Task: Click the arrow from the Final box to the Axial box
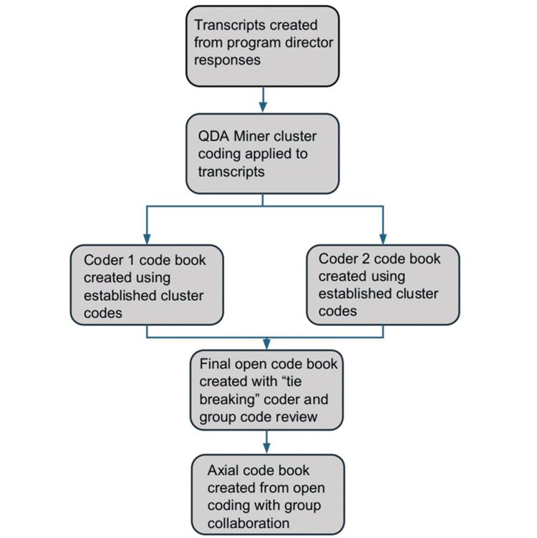click(x=268, y=442)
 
